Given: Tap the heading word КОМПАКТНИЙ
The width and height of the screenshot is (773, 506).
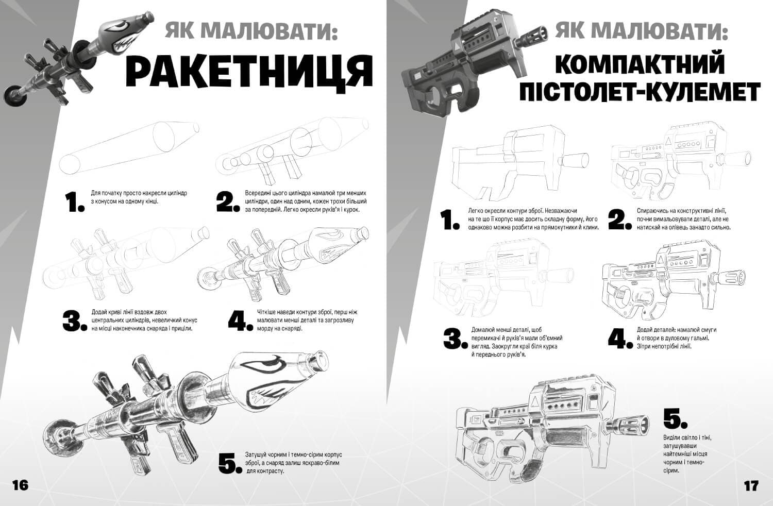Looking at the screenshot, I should point(640,64).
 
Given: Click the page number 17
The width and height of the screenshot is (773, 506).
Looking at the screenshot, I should point(751,485).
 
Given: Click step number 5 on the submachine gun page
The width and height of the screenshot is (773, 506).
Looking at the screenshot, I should point(675,419).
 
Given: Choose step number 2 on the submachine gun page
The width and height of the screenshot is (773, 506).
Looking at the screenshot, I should point(619,220).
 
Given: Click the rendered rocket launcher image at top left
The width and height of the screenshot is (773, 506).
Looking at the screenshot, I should point(77,57).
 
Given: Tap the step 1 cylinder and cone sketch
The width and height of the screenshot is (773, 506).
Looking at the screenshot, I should point(129,147).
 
